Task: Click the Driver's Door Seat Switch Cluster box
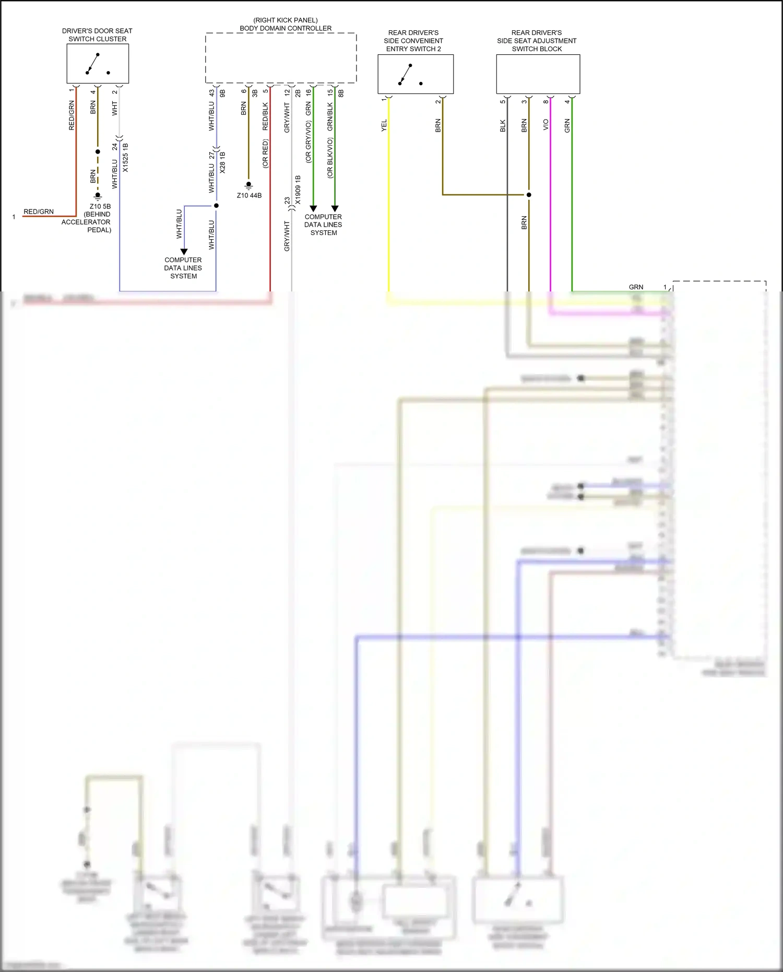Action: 98,63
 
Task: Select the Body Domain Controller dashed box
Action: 281,58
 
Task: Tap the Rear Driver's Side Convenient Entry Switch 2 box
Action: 416,74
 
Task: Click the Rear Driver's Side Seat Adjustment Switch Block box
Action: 538,74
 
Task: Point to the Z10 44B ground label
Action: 249,195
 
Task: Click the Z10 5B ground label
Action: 100,206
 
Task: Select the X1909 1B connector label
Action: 298,189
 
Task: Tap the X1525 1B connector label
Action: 125,158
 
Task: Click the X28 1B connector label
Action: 223,162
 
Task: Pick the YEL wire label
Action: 384,125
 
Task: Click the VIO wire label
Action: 546,125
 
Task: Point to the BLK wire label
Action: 503,126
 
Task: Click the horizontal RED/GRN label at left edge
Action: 39,212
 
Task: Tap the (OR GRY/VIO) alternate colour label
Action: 309,142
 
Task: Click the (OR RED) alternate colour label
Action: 265,154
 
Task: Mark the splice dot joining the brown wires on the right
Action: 529,195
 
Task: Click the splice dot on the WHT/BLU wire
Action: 216,206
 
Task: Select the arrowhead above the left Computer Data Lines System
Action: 184,252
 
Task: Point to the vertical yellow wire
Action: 389,209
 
